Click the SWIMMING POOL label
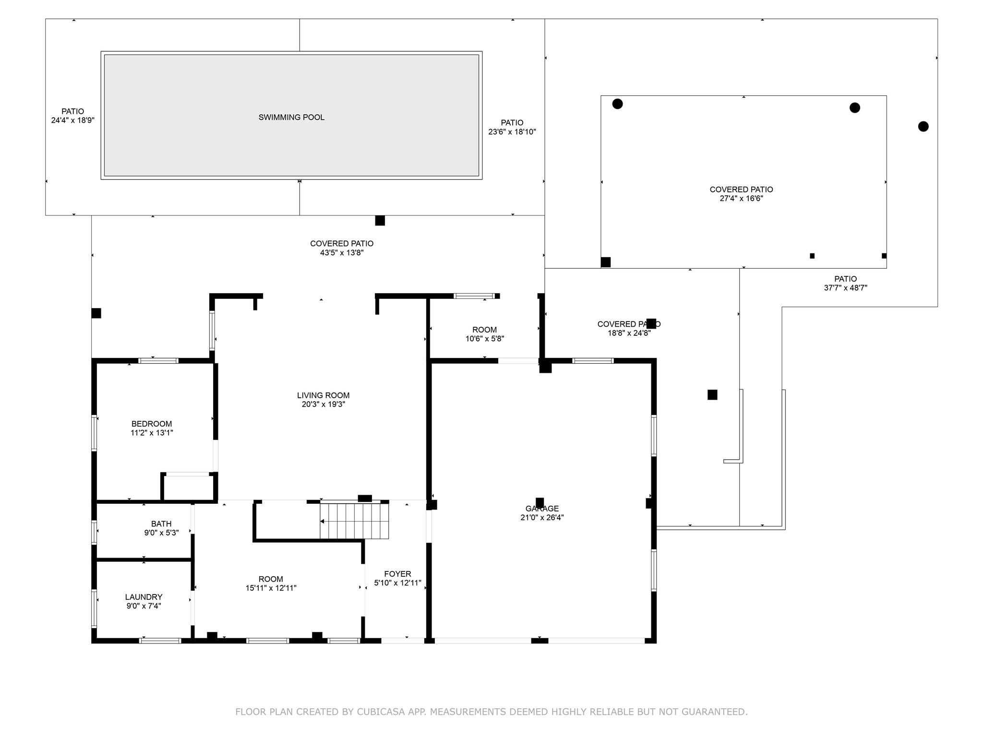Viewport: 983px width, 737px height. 291,117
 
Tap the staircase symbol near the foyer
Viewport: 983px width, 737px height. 354,521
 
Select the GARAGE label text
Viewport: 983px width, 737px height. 542,509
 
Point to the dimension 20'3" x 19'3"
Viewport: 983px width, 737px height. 323,404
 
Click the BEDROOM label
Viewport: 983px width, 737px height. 152,424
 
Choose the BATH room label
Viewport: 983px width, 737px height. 161,524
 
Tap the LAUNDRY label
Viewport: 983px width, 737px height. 144,597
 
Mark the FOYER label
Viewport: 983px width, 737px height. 397,574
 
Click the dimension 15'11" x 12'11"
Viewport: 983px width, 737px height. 271,588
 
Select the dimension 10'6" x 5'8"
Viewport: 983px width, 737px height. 484,339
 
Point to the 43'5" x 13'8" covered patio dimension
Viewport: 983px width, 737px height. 342,253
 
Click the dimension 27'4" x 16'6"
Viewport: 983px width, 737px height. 741,199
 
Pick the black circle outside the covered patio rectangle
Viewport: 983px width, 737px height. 923,127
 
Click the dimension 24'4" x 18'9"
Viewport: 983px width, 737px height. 72,120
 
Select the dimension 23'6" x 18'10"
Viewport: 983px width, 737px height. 512,132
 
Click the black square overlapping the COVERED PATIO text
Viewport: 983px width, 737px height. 651,323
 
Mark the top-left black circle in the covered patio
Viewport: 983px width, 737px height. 617,104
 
